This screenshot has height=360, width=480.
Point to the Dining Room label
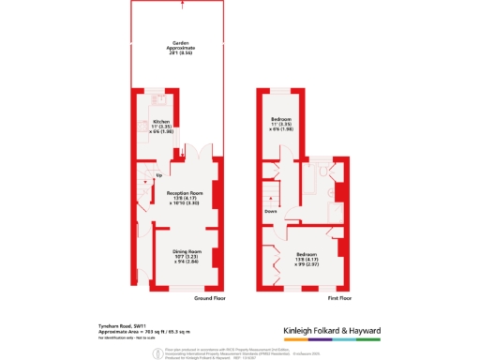click(x=188, y=256)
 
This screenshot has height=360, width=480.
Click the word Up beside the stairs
click(x=158, y=175)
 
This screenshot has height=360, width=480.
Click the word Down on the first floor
click(x=269, y=211)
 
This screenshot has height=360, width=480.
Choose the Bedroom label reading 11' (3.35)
click(x=282, y=125)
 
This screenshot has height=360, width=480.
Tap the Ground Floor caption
click(x=209, y=298)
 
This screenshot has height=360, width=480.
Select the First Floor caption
click(x=339, y=298)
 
